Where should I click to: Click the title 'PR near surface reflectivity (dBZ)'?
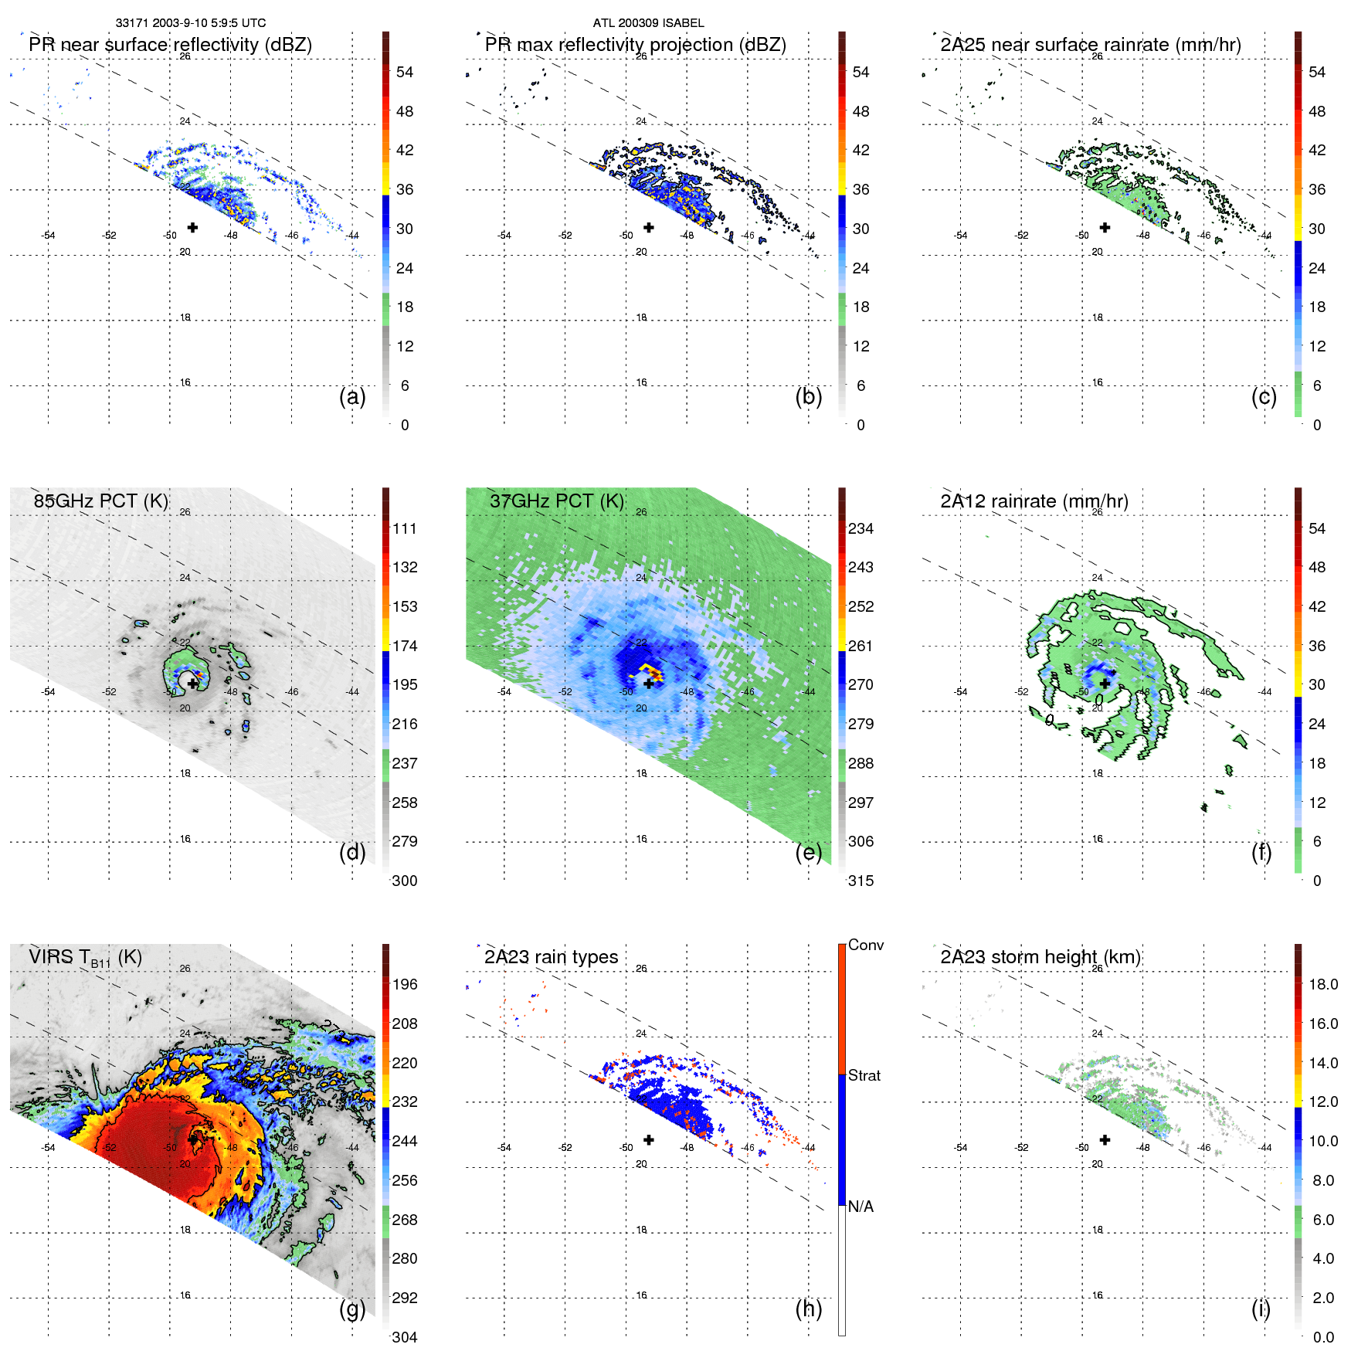(170, 45)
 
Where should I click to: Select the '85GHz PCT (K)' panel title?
(100, 501)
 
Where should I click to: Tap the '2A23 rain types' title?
(551, 957)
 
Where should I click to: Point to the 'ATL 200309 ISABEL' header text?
(648, 23)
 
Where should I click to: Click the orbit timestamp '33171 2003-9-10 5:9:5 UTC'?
(191, 23)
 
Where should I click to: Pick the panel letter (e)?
(808, 853)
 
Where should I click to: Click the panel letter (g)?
(352, 1309)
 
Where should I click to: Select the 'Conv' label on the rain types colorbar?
(866, 945)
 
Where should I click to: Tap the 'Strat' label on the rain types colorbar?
(864, 1076)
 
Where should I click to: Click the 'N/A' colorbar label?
(861, 1207)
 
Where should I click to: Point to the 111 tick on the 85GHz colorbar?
(405, 529)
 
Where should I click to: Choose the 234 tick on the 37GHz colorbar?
(861, 529)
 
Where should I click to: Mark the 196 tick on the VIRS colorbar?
(405, 985)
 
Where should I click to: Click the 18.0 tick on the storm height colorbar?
(1323, 985)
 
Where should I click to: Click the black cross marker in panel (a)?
(192, 227)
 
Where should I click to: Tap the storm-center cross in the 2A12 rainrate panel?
(1105, 683)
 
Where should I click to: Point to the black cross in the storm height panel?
(1105, 1139)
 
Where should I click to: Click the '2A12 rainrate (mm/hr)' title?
(1034, 501)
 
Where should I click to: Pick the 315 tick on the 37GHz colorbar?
(861, 881)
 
